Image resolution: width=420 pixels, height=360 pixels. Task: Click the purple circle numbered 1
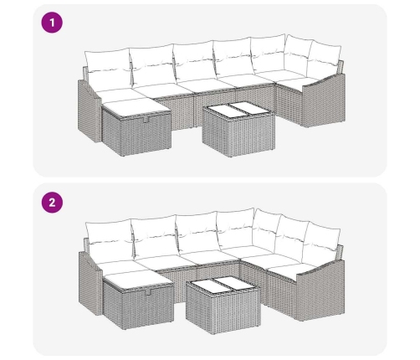point(52,23)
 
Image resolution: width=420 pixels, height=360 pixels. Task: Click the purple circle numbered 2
point(52,203)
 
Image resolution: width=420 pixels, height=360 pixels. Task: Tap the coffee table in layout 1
point(238,129)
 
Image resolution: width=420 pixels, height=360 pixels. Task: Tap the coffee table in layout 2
point(223,305)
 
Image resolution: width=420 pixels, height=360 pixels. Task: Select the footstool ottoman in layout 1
point(136,127)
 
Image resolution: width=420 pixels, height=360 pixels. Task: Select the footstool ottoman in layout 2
point(138,301)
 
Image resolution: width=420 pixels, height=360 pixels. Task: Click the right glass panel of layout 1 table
point(249,110)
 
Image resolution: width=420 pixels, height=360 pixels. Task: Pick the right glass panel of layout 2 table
point(233,284)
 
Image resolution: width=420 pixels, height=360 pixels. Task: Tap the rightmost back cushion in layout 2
point(321,244)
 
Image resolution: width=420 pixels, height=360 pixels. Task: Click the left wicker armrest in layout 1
point(90,111)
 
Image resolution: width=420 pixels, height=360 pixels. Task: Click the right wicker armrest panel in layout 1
point(324,100)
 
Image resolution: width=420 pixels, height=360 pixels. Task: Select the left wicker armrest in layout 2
point(90,283)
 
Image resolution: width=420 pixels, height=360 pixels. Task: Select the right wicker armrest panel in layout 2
point(320,291)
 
